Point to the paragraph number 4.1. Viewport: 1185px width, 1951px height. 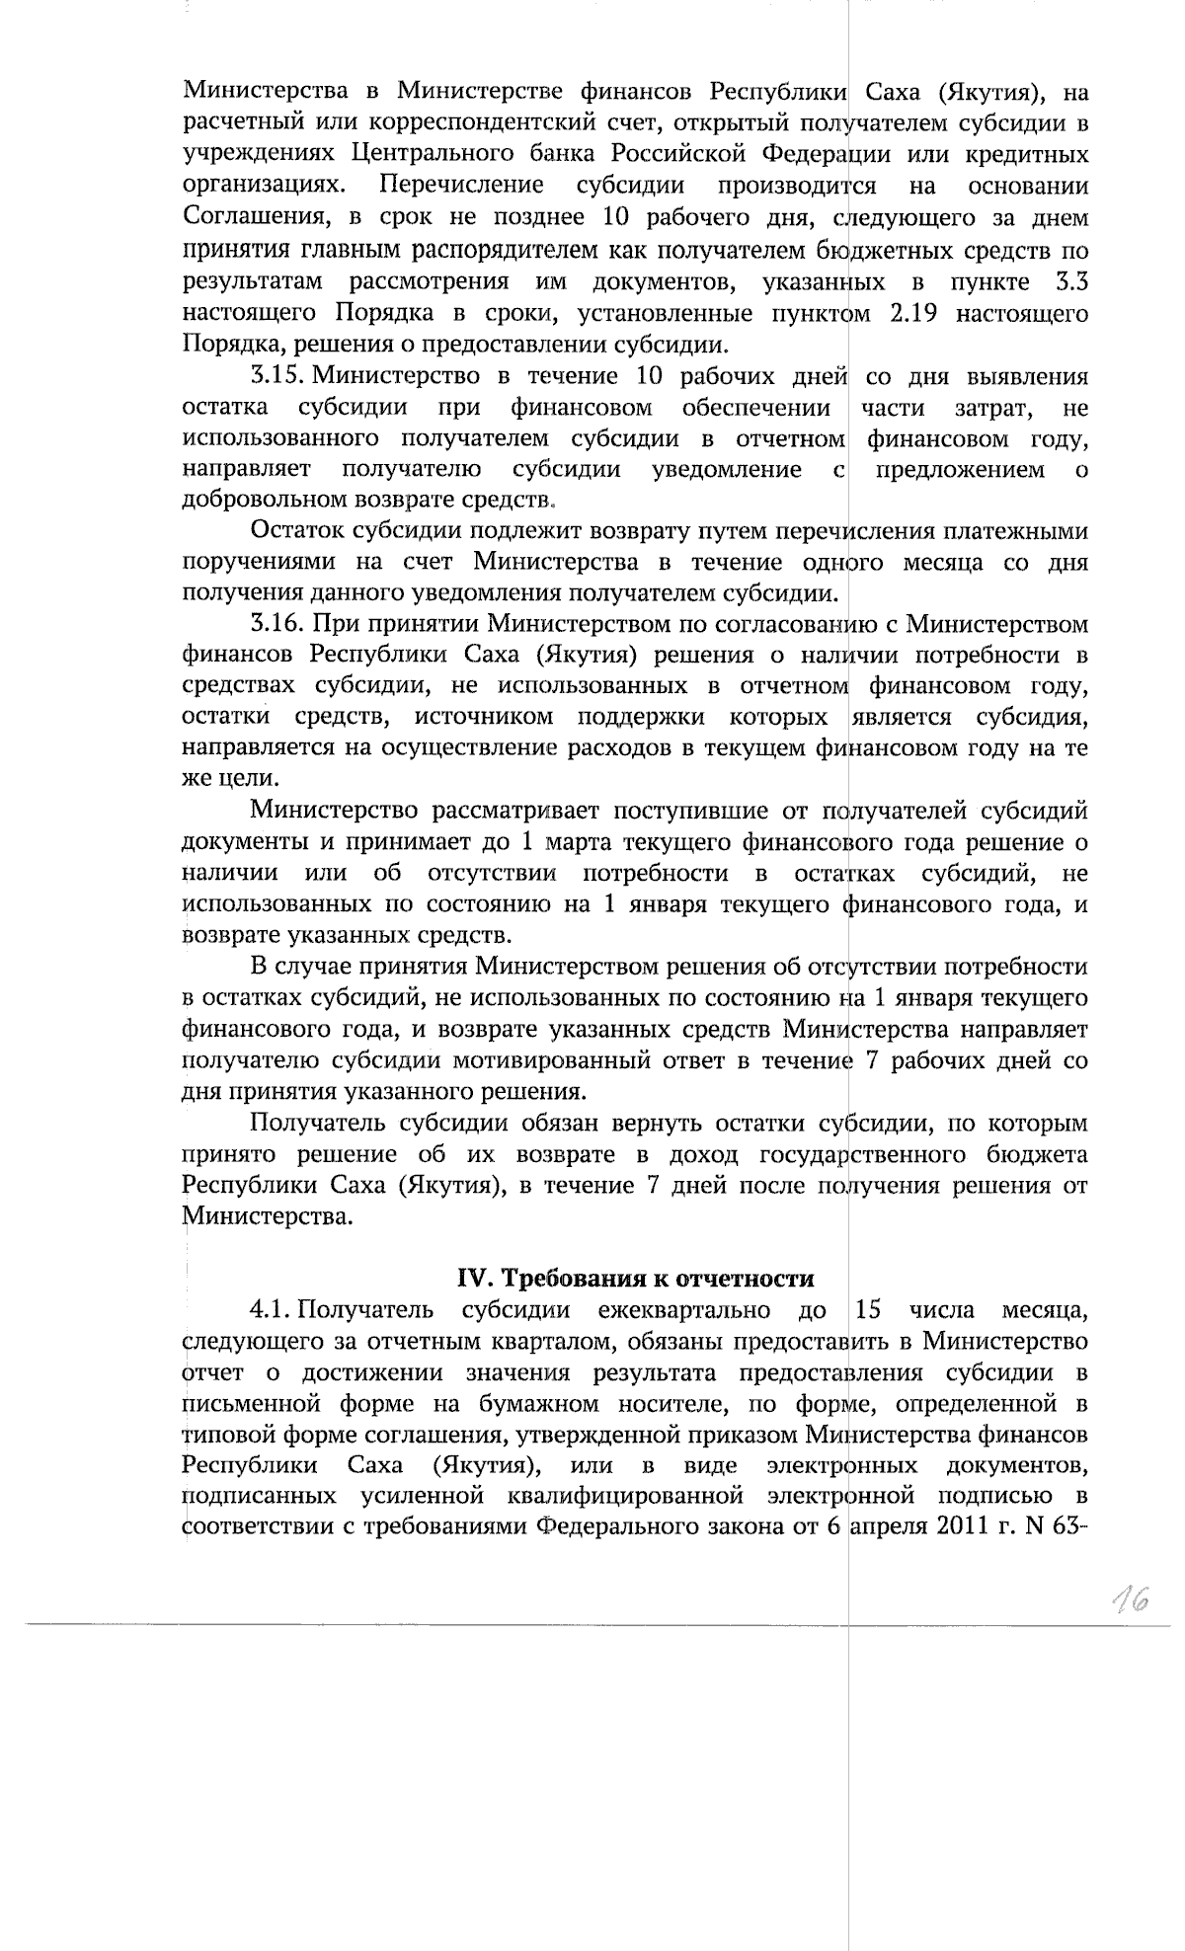[269, 1310]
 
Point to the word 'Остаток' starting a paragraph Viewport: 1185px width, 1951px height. [291, 532]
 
